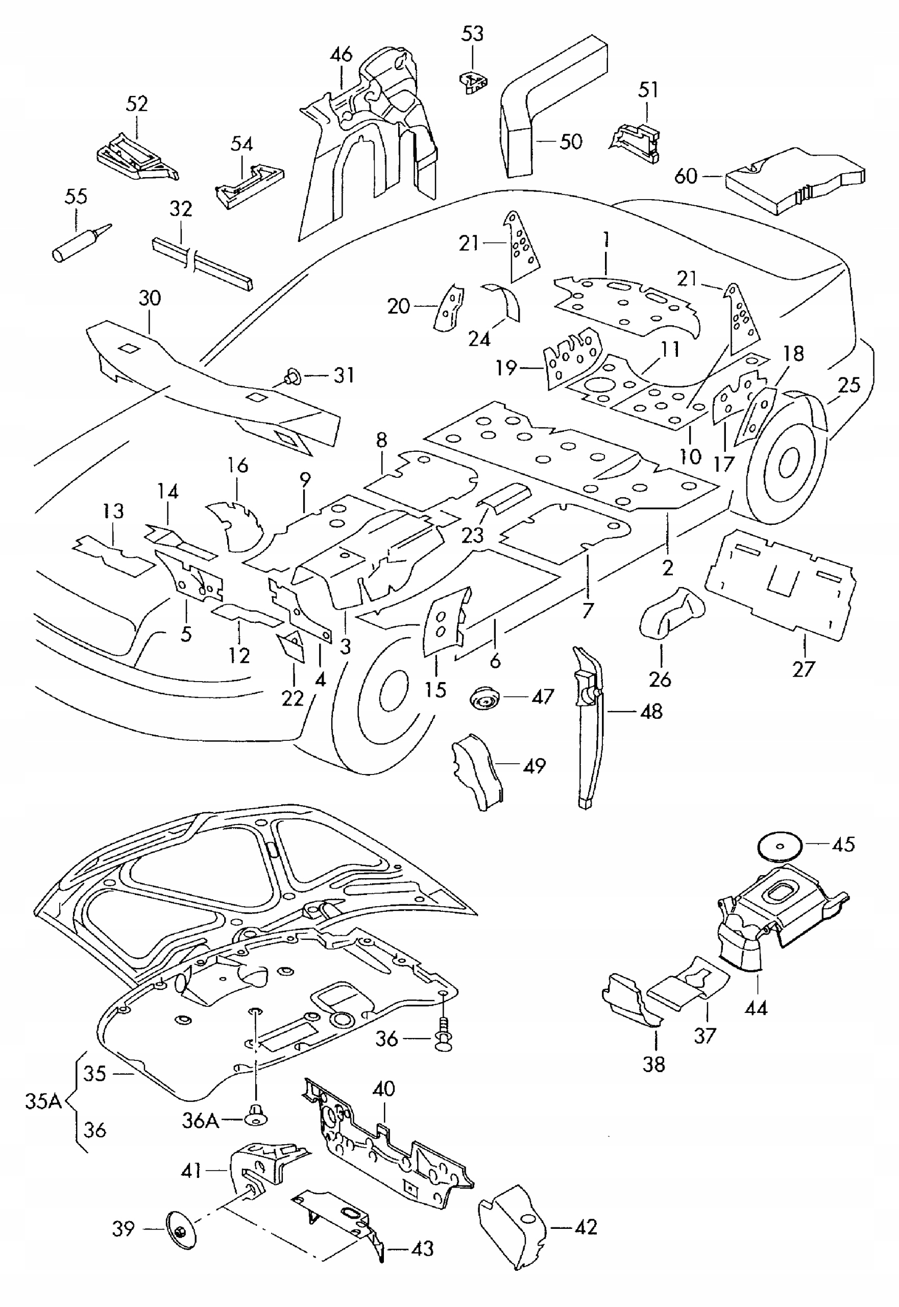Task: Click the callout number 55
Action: point(76,197)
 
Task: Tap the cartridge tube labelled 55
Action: point(79,244)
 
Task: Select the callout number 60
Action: point(686,177)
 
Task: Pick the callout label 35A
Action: point(43,1101)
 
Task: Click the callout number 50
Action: point(570,141)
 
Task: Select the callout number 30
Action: point(150,298)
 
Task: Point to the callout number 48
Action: point(651,712)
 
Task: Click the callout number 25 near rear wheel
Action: point(849,385)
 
